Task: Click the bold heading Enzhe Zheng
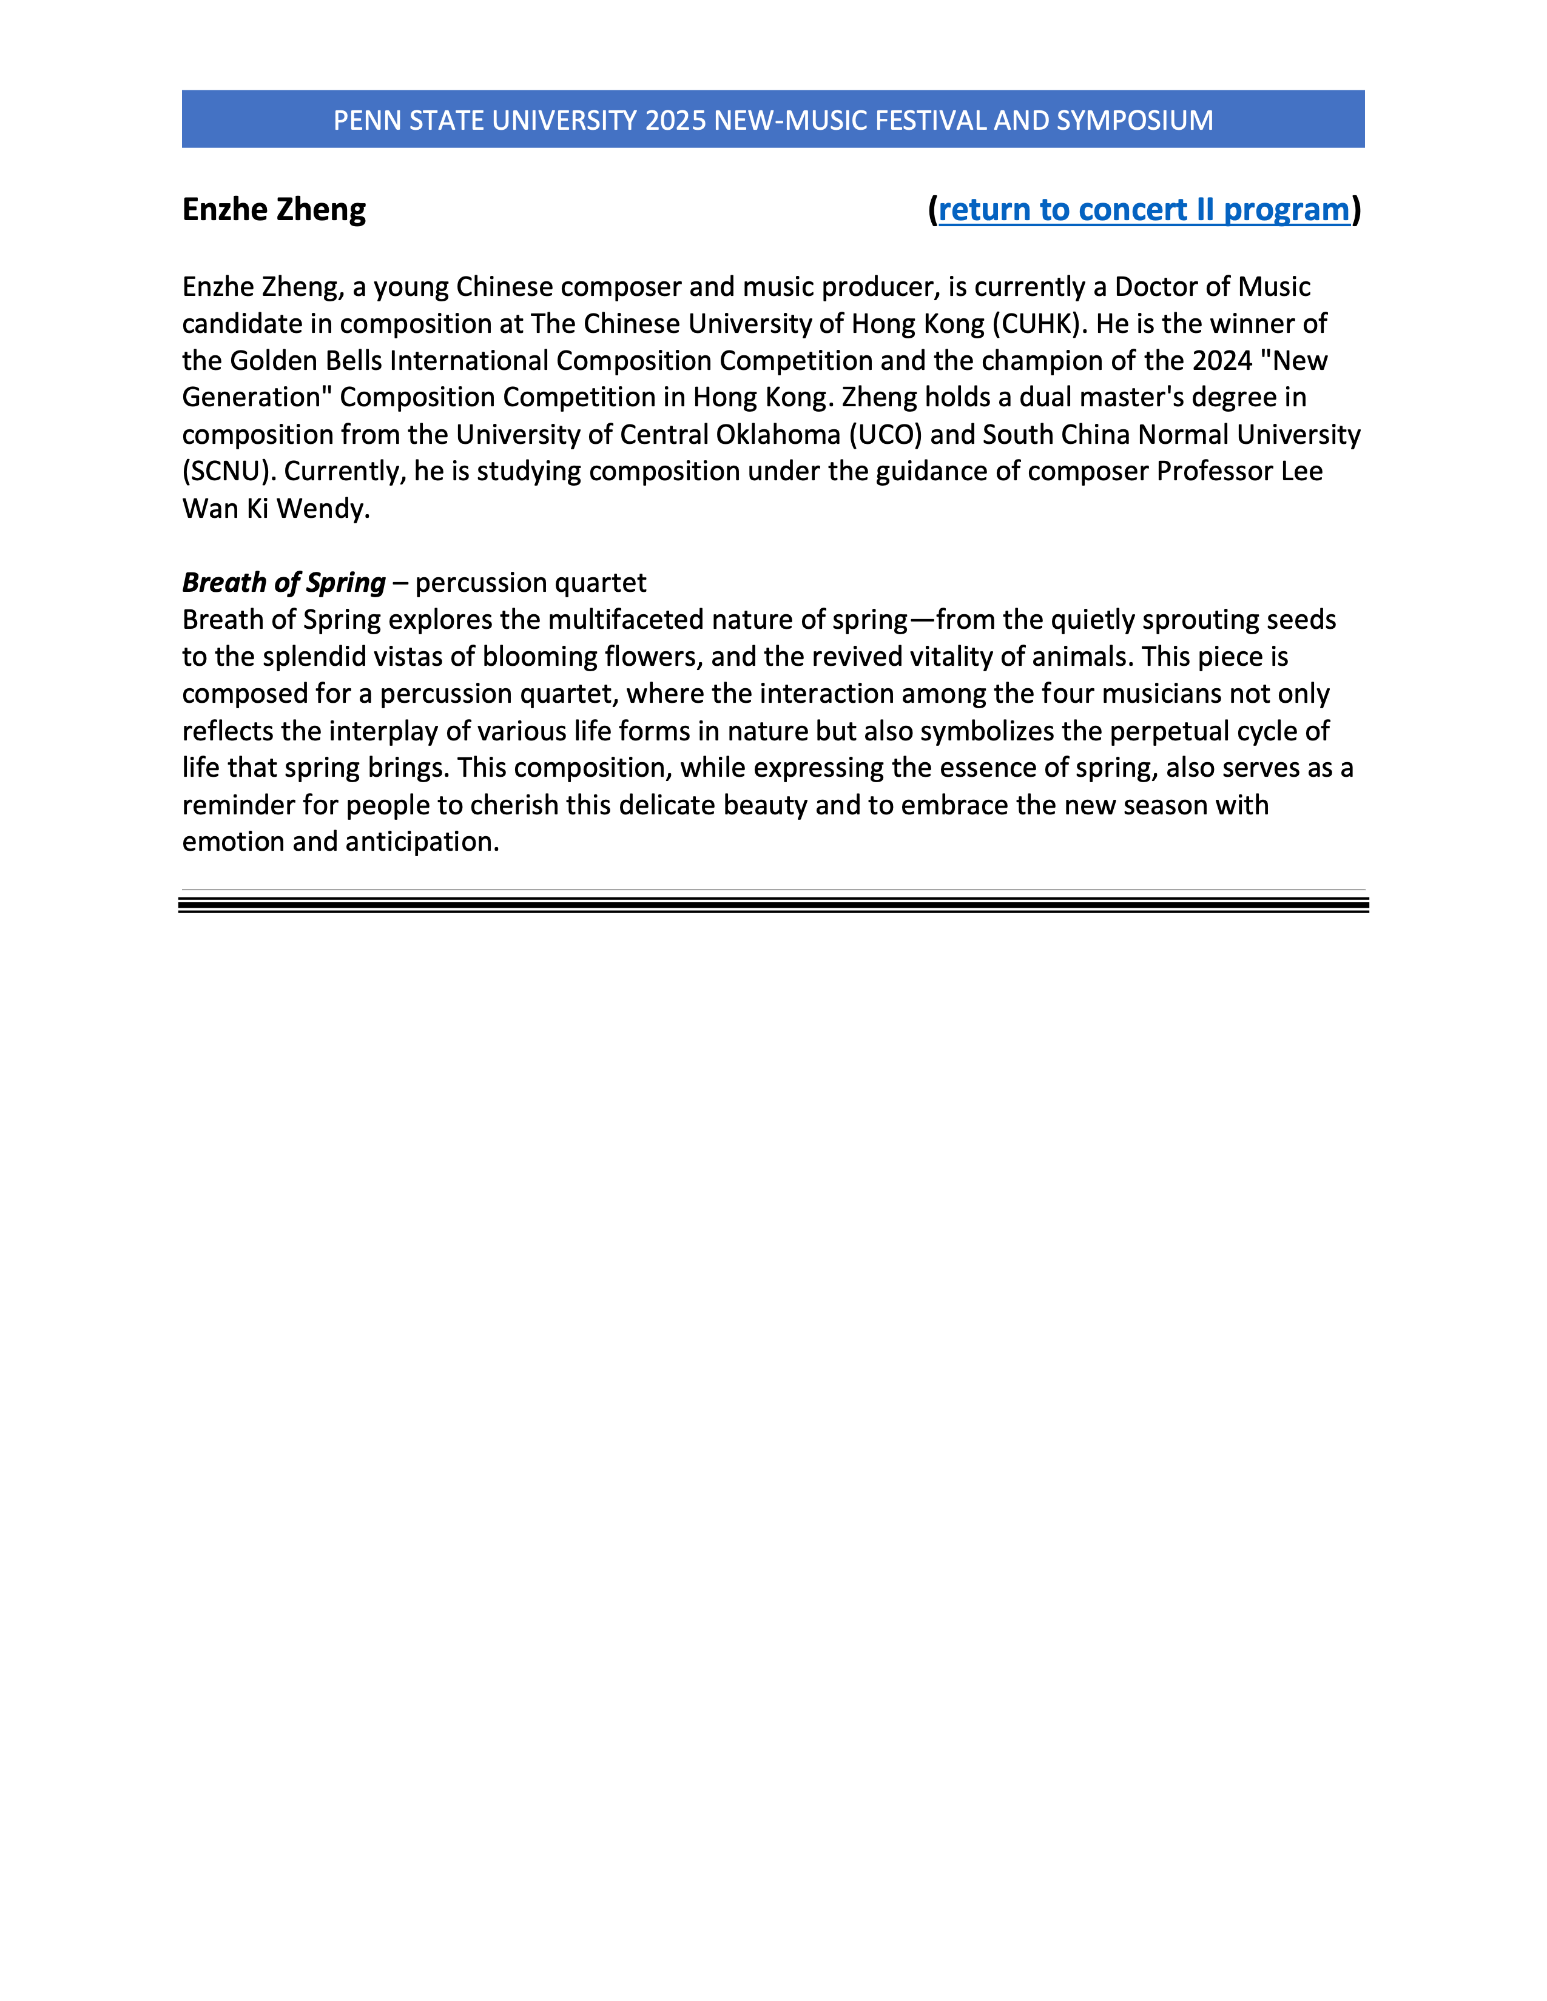[x=274, y=210]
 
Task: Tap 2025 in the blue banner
[x=675, y=120]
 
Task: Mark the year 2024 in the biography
[x=1222, y=360]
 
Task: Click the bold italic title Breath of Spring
[x=284, y=583]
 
